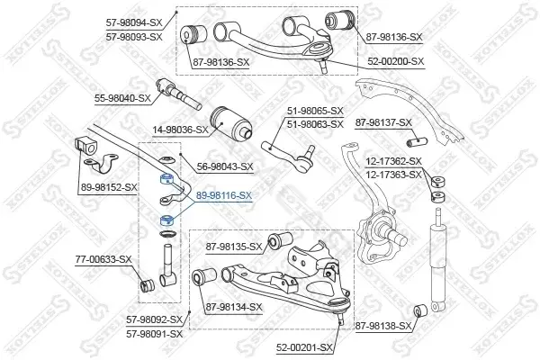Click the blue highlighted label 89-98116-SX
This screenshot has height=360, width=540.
pyautogui.click(x=224, y=195)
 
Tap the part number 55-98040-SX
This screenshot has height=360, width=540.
pyautogui.click(x=122, y=98)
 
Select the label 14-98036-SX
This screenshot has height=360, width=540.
pyautogui.click(x=181, y=130)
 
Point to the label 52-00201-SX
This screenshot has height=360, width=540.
pyautogui.click(x=304, y=348)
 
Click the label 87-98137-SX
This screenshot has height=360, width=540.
pyautogui.click(x=383, y=122)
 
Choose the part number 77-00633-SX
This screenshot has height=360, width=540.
pyautogui.click(x=103, y=259)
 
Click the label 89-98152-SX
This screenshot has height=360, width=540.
pyautogui.click(x=109, y=187)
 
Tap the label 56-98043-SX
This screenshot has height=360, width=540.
pyautogui.click(x=225, y=167)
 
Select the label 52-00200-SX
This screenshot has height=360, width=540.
pyautogui.click(x=396, y=62)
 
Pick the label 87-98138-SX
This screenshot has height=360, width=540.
pyautogui.click(x=383, y=326)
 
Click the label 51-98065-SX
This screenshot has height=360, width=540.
pyautogui.click(x=316, y=111)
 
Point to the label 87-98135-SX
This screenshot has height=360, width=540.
pyautogui.click(x=234, y=247)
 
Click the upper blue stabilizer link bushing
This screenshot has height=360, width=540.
pyautogui.click(x=167, y=178)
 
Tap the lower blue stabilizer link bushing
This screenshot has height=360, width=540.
pyautogui.click(x=167, y=220)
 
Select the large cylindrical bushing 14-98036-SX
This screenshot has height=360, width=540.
pyautogui.click(x=230, y=123)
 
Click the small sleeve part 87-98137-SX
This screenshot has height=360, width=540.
pyautogui.click(x=417, y=142)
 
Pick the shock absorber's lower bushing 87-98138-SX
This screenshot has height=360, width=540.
pyautogui.click(x=420, y=310)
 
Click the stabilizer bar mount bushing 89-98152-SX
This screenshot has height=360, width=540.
pyautogui.click(x=85, y=146)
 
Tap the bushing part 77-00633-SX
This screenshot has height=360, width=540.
pyautogui.click(x=148, y=285)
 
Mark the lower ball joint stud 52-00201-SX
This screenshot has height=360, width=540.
pyautogui.click(x=340, y=318)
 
